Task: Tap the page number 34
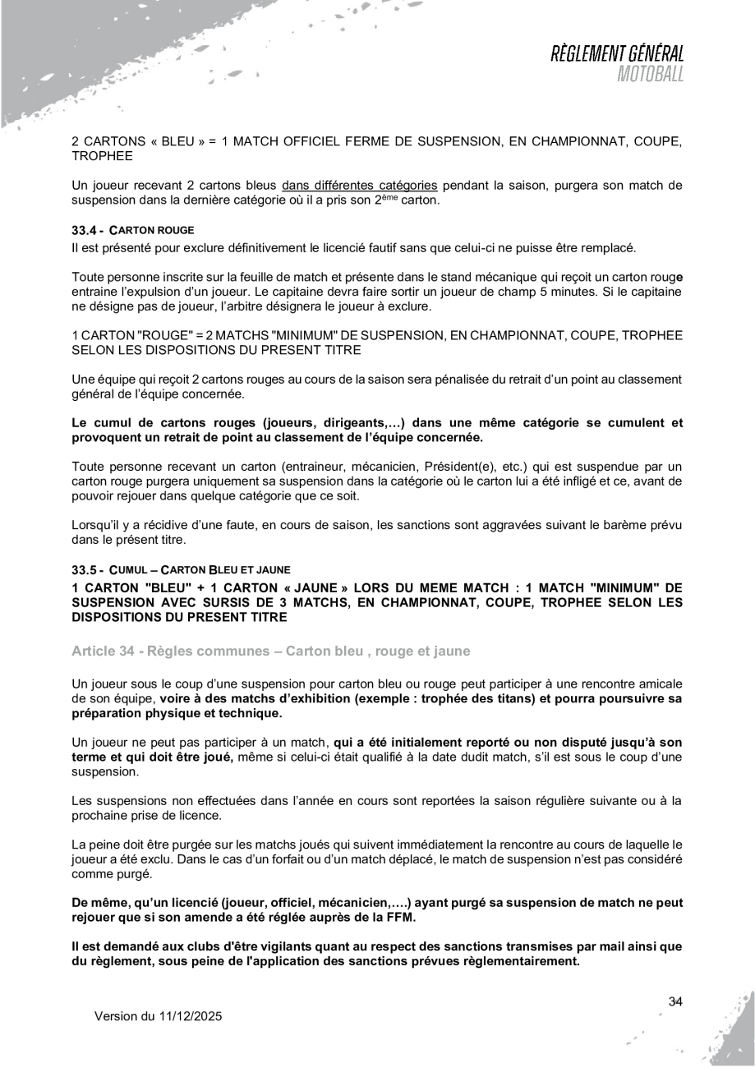pos(676,1001)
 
